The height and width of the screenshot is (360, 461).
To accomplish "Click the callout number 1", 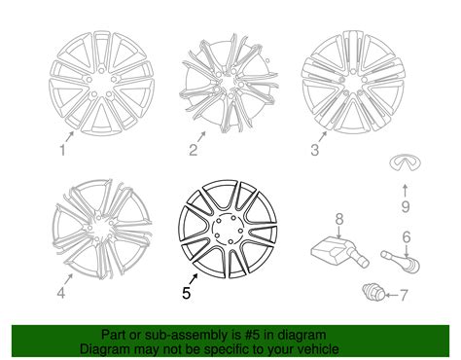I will coord(63,150).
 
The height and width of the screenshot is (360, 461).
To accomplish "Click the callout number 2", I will coord(194,149).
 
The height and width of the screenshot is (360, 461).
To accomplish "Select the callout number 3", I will coord(314,150).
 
